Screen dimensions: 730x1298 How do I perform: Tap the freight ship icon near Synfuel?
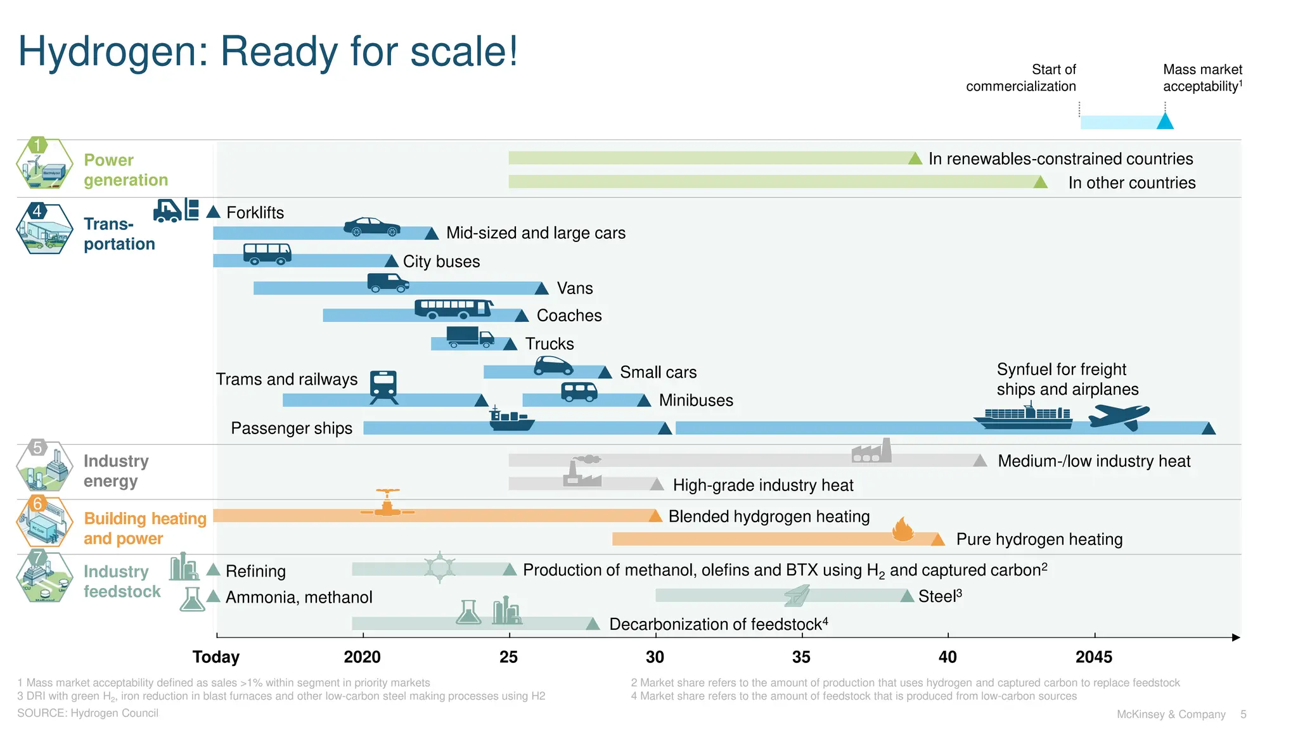1023,416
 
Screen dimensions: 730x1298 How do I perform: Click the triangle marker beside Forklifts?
213,212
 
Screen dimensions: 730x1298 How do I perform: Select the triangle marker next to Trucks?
510,344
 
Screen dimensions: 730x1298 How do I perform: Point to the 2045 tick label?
1093,657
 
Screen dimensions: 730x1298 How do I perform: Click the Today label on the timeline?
216,657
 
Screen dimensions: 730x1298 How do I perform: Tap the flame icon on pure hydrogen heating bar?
903,529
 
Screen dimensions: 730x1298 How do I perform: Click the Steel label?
939,596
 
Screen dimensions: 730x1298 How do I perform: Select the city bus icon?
267,253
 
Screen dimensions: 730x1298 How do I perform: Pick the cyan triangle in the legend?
1165,121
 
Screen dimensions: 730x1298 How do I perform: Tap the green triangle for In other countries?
1040,182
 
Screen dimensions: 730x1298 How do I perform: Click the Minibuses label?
695,400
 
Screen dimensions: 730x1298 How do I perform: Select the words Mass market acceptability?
1202,78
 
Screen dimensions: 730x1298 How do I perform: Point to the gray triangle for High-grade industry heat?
657,485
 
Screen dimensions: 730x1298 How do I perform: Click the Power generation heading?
125,170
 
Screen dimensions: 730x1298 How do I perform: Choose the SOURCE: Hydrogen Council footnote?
87,713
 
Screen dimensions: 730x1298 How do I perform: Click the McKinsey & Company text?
1171,714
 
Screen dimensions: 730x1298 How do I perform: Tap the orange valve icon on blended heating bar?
387,503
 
